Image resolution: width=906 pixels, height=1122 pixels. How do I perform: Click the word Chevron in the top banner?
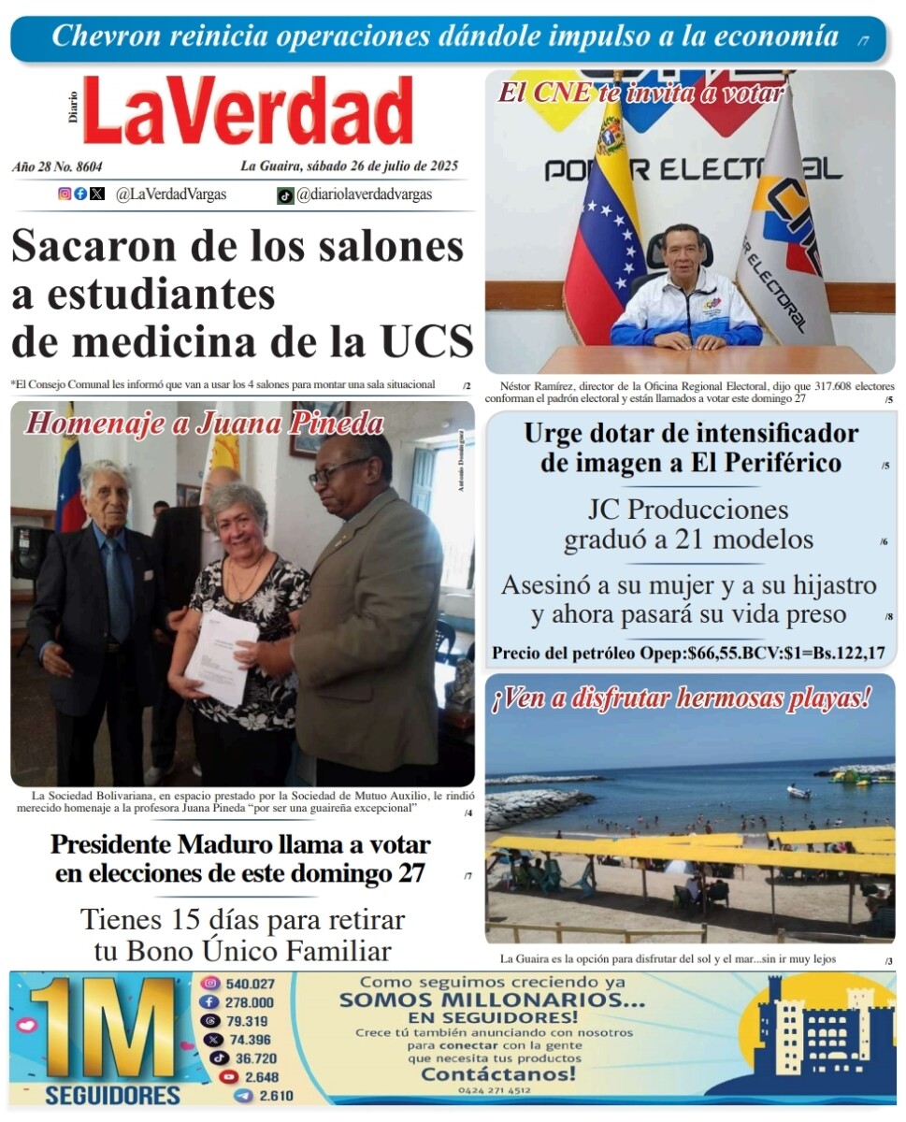[97, 36]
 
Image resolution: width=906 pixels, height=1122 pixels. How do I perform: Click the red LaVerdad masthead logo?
[248, 110]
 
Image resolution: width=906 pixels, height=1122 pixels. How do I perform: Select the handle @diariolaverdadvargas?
[364, 194]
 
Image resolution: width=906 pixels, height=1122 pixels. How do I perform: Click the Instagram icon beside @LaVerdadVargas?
[65, 194]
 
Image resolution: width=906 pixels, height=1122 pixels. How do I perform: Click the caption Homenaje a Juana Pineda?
[204, 424]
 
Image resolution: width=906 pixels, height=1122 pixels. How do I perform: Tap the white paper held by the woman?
[221, 657]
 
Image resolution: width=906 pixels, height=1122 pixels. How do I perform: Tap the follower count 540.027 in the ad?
[250, 984]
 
